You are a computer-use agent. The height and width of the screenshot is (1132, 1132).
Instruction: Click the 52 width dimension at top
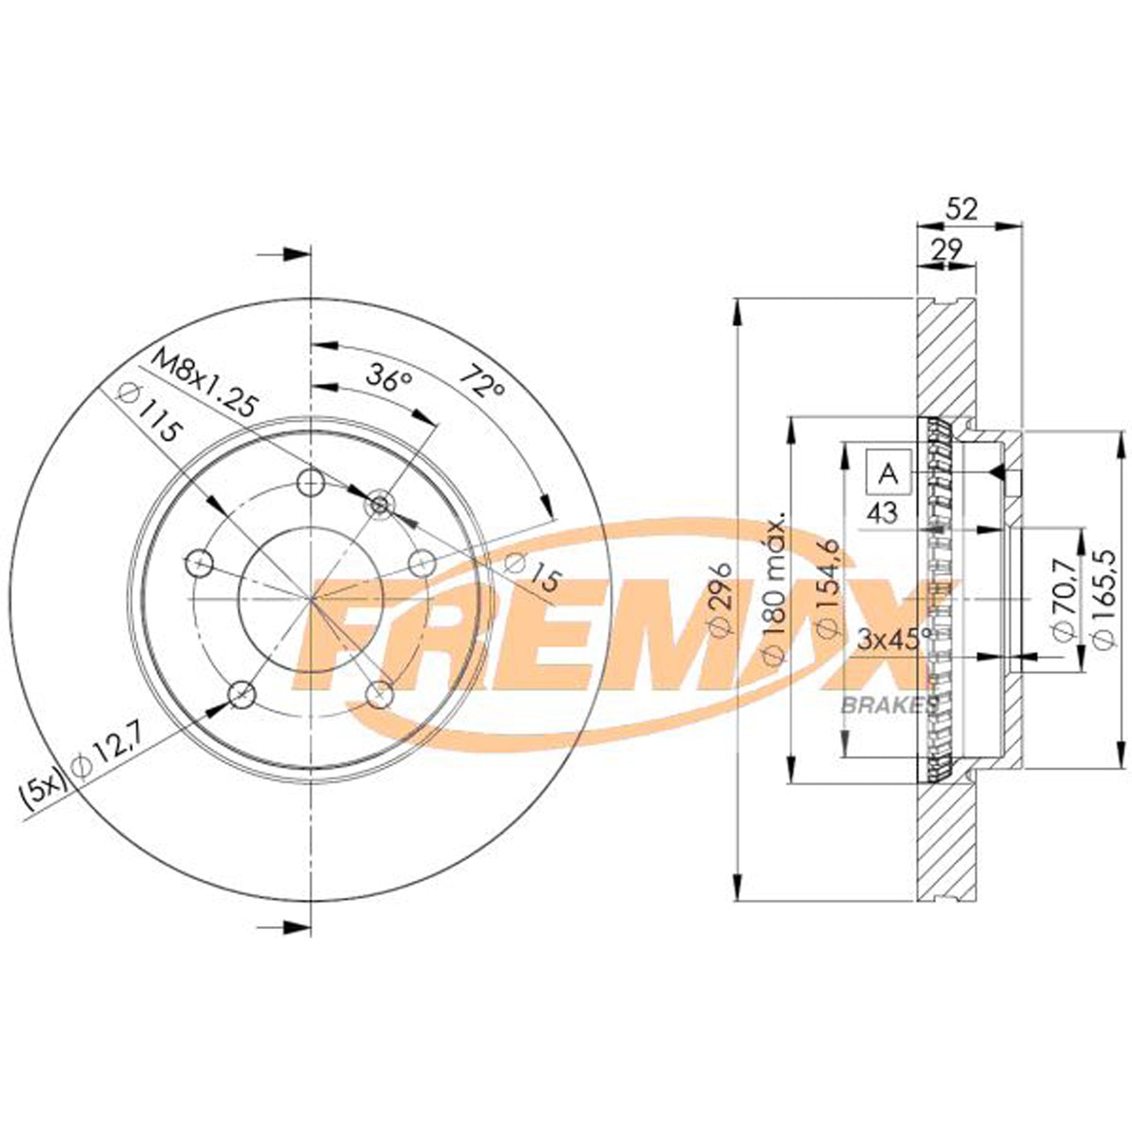(963, 210)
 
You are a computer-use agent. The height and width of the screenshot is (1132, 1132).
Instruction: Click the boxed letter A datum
(888, 472)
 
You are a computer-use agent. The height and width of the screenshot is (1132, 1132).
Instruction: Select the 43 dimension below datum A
(883, 513)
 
